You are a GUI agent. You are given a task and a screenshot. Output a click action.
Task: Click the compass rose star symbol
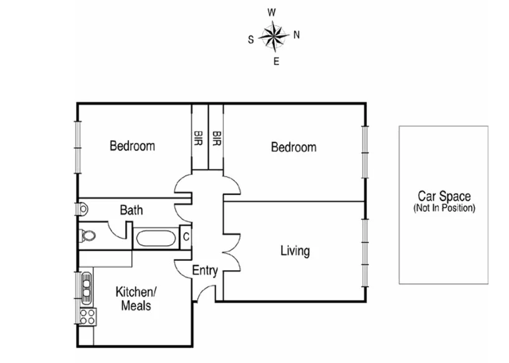pyautogui.click(x=274, y=36)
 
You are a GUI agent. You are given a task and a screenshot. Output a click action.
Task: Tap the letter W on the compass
pyautogui.click(x=272, y=12)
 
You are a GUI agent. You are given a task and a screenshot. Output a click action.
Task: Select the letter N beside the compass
pyautogui.click(x=297, y=35)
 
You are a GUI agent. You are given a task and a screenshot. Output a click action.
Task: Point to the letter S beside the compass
pyautogui.click(x=250, y=39)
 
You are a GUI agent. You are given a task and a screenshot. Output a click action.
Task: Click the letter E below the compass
pyautogui.click(x=276, y=61)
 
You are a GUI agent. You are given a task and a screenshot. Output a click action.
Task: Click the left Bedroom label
pyautogui.click(x=132, y=146)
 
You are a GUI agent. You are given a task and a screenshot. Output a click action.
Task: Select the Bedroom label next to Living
pyautogui.click(x=293, y=148)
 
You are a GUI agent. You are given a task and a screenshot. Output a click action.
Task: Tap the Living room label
pyautogui.click(x=295, y=251)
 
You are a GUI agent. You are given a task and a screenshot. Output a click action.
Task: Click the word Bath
pyautogui.click(x=131, y=210)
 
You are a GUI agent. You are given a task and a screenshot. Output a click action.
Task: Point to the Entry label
pyautogui.click(x=204, y=271)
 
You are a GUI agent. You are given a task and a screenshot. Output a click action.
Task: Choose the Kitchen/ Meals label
pyautogui.click(x=137, y=298)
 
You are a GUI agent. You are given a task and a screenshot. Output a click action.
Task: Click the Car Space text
pyautogui.click(x=444, y=197)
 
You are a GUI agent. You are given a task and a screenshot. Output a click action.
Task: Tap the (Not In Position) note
pyautogui.click(x=444, y=208)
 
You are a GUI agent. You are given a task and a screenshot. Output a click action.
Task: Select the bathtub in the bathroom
pyautogui.click(x=155, y=238)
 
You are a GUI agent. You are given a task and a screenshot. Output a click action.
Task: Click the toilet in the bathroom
pyautogui.click(x=88, y=235)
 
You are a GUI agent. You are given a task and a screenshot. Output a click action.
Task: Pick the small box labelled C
pyautogui.click(x=186, y=237)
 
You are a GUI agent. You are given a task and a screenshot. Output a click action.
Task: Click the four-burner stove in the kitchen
pyautogui.click(x=87, y=316)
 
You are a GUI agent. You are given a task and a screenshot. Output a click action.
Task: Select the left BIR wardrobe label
pyautogui.click(x=199, y=138)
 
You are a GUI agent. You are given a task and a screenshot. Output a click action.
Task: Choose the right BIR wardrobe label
pyautogui.click(x=216, y=138)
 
